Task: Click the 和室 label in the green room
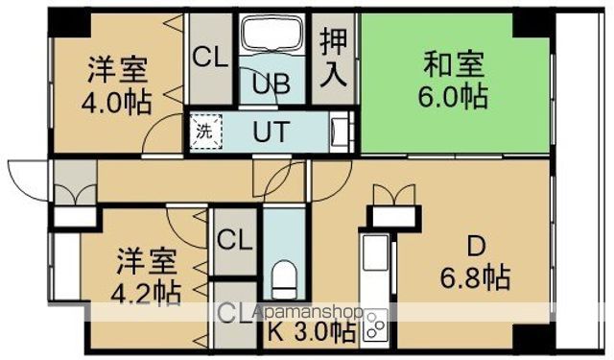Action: coord(455,67)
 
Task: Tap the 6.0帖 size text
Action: coord(455,97)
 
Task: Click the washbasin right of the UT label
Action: coord(340,132)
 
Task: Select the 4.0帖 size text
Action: coord(119,102)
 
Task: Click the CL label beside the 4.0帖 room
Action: coord(210,57)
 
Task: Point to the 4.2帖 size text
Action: coord(146,290)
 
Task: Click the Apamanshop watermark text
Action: coord(306,313)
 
